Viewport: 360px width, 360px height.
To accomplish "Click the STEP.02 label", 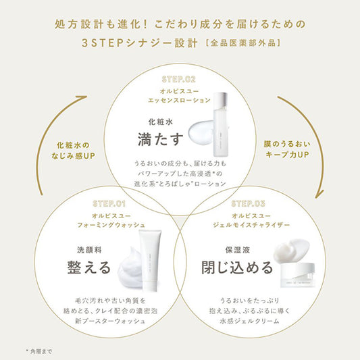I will (x=180, y=78).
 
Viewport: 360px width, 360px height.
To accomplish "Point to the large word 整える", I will (x=86, y=267).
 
